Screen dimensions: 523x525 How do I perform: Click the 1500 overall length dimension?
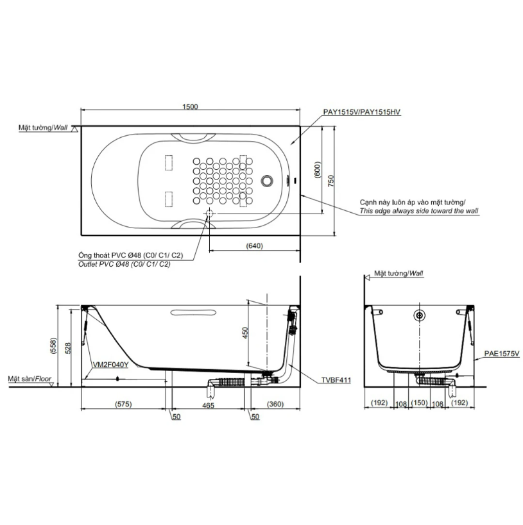click(190, 106)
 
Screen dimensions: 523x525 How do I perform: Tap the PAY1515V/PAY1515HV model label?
click(362, 112)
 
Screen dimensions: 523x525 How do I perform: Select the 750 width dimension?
click(331, 181)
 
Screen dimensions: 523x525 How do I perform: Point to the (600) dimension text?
click(318, 170)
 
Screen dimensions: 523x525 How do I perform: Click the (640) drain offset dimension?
click(255, 246)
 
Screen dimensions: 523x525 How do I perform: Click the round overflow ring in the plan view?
click(267, 181)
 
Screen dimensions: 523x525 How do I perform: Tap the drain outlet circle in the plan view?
click(209, 213)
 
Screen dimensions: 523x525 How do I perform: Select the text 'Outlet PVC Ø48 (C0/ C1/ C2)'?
click(124, 264)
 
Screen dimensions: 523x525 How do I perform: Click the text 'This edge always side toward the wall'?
click(419, 211)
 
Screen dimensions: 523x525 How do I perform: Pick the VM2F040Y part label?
click(110, 365)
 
